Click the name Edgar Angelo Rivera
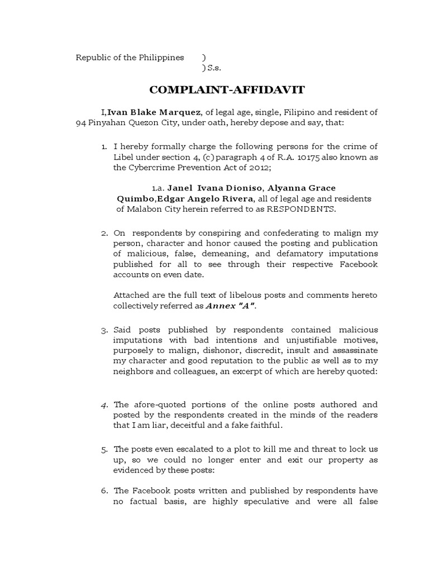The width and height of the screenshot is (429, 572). coord(206,199)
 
